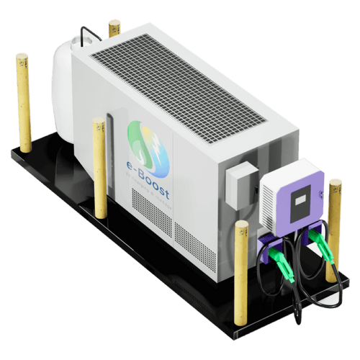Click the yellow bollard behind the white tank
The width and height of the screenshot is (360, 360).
pyautogui.click(x=114, y=29)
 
